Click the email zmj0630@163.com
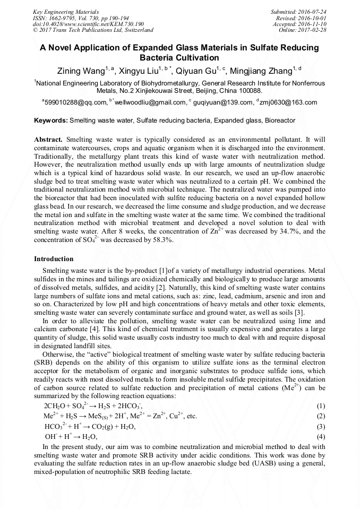pos(289,102)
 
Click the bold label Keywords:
pos(51,121)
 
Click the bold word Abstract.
pos(48,139)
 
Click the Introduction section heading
pos(54,259)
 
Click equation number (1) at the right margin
pos(320,406)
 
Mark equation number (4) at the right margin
pos(320,436)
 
